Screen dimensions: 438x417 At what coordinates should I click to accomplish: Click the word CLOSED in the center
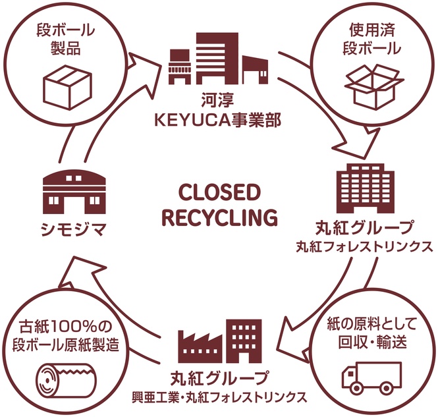(219, 193)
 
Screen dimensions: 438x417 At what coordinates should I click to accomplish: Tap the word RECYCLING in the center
(220, 217)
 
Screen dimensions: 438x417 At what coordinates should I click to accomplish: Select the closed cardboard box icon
(68, 88)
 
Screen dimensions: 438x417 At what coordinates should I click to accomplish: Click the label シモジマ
(74, 230)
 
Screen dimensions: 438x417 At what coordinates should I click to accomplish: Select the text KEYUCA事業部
(217, 121)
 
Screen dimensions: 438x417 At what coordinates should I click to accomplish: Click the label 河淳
(218, 101)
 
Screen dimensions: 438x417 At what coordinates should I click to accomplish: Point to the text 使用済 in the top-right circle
(372, 30)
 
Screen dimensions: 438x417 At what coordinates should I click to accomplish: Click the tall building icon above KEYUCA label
(217, 59)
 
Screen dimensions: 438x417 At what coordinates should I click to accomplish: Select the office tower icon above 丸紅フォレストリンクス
(366, 188)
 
